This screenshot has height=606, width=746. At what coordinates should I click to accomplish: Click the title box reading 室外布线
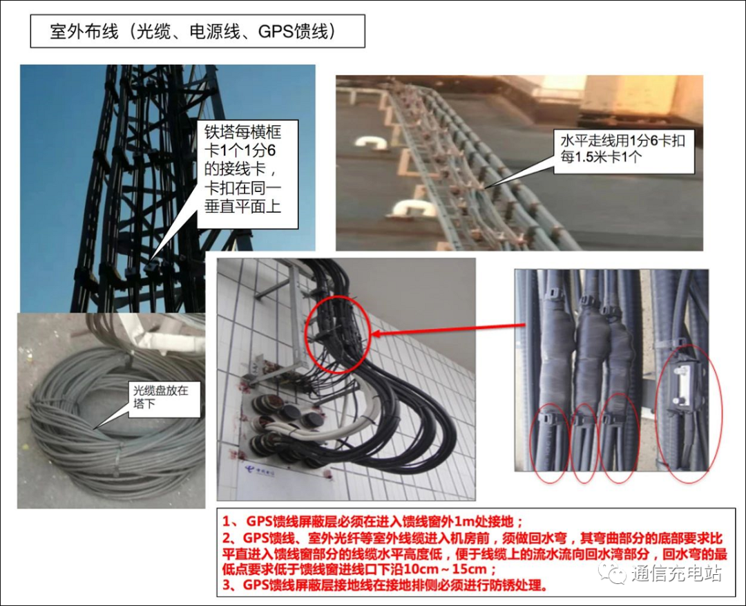click(x=198, y=31)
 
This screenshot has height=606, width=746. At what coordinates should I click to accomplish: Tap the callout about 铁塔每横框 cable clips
click(x=247, y=174)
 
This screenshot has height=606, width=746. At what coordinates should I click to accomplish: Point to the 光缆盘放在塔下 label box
click(x=164, y=399)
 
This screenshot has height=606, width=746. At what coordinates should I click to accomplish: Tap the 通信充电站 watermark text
click(x=676, y=573)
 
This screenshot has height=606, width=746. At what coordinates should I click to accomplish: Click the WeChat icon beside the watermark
click(x=613, y=573)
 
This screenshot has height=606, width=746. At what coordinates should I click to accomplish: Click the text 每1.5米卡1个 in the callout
click(x=602, y=157)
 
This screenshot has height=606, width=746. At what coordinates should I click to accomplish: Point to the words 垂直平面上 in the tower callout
click(x=242, y=206)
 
